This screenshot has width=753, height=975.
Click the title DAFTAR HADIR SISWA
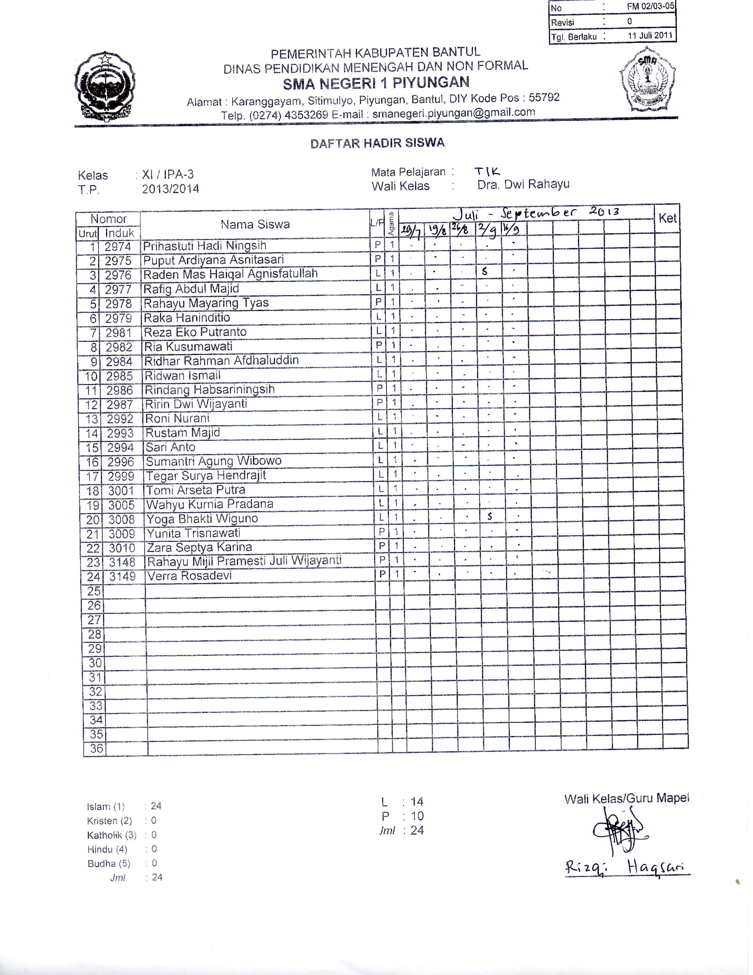(x=377, y=143)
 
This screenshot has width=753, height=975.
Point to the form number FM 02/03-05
(x=651, y=7)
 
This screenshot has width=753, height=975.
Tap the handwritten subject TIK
(x=487, y=171)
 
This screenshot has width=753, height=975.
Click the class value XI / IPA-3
(x=168, y=175)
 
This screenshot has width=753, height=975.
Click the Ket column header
(x=667, y=218)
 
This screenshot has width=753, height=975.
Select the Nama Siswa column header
(x=255, y=224)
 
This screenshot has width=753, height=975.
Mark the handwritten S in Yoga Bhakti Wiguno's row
(x=490, y=516)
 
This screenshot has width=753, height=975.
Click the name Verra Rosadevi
(x=190, y=576)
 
